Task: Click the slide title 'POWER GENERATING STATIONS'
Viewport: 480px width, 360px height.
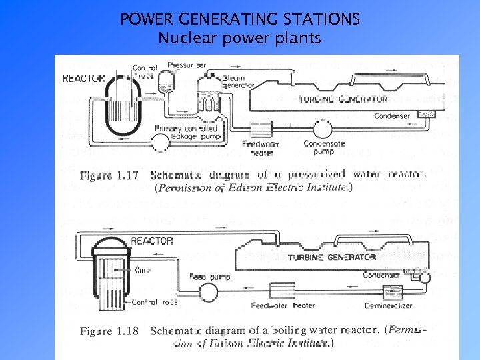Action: coord(240,19)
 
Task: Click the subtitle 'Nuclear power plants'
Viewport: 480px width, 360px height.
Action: coord(239,38)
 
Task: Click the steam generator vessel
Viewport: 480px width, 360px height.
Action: coord(211,97)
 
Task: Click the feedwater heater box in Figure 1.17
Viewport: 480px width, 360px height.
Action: coord(257,128)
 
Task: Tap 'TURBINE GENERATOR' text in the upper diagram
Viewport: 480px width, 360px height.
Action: coord(343,99)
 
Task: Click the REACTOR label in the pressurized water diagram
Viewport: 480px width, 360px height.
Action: coord(83,78)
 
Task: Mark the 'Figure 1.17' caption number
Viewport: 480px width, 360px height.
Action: coord(109,176)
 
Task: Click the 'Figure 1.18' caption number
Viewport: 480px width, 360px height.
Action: coord(109,331)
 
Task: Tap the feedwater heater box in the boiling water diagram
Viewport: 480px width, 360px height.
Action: coord(282,291)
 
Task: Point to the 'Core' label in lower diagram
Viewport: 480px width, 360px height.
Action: coord(143,271)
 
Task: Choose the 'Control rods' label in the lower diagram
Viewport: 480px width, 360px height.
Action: coord(154,302)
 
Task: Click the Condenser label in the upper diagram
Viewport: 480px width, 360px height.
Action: coord(391,116)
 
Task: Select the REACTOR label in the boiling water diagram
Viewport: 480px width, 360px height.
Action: coord(151,241)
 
